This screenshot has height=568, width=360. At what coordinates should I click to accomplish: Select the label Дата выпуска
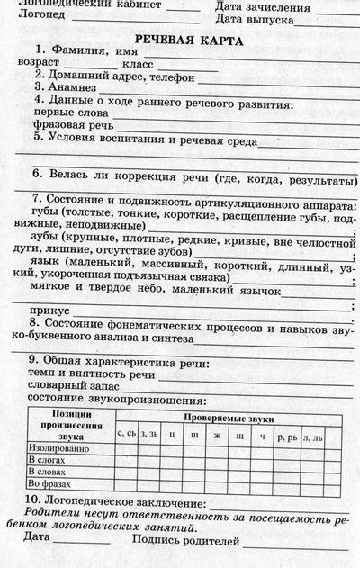point(255,19)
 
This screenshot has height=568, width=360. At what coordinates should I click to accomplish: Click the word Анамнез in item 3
point(78,87)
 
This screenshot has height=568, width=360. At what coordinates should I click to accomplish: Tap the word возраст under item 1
point(40,63)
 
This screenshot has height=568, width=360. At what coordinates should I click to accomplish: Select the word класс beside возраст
point(139,64)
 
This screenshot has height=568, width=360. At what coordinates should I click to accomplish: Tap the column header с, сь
point(127,433)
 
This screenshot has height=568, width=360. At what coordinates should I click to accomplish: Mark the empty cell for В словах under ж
point(217,471)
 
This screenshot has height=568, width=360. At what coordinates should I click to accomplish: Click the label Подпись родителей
point(185,541)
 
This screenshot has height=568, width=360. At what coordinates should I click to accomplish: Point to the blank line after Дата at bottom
point(81,543)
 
